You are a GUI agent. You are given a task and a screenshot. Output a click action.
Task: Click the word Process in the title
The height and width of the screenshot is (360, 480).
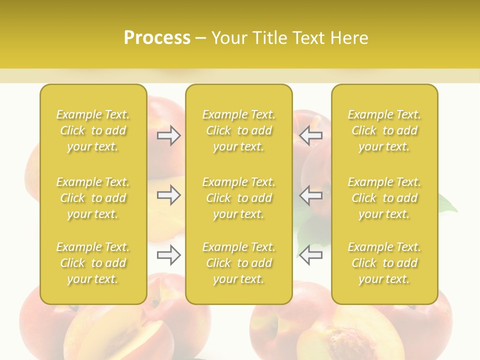tap(157, 38)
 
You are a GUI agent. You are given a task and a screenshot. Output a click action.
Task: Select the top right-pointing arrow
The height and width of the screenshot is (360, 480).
tap(168, 135)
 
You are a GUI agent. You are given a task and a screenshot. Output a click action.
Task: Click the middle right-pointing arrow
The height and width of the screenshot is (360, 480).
tap(168, 195)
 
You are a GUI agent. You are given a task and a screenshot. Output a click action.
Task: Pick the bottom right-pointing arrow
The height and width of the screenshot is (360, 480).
tap(168, 255)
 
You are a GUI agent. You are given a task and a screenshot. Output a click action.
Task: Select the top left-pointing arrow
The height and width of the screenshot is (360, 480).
tap(311, 135)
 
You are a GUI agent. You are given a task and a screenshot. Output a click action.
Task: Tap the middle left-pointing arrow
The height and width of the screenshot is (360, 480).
tap(311, 195)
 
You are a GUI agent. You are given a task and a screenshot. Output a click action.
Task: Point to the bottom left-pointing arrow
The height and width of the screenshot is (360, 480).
tap(311, 255)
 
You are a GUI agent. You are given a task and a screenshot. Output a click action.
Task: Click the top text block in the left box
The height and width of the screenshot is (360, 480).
tap(93, 130)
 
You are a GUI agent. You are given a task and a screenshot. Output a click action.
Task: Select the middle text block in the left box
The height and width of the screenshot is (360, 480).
tap(93, 198)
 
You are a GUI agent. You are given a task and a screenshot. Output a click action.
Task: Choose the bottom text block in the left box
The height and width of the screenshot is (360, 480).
tap(93, 263)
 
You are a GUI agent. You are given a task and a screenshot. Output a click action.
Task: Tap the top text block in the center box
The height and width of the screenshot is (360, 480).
tap(238, 130)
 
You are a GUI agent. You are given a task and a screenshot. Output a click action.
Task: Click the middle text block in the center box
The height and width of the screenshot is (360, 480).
tap(238, 198)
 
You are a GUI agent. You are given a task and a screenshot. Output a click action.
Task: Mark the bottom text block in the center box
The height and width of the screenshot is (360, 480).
tap(238, 263)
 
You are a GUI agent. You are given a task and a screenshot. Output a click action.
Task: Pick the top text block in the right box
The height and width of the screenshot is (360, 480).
tap(384, 130)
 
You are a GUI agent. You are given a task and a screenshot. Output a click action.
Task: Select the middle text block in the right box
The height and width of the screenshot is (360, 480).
tap(384, 198)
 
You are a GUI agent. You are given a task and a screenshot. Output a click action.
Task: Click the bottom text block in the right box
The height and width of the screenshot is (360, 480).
tap(384, 263)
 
